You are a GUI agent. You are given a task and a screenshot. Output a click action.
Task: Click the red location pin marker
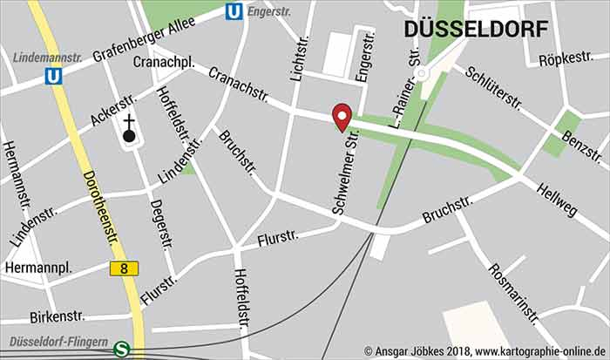pyautogui.click(x=342, y=117)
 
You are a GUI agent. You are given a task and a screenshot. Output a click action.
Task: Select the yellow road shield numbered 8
pyautogui.click(x=125, y=268)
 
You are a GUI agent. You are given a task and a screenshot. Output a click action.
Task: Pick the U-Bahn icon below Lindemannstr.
pyautogui.click(x=54, y=77)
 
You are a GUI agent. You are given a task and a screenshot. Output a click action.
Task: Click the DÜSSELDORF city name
pyautogui.click(x=476, y=29)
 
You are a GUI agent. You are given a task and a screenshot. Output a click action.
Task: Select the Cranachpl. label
pyautogui.click(x=163, y=63)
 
